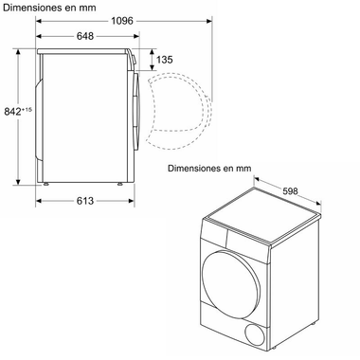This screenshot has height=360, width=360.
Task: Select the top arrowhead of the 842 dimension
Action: (20, 52)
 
